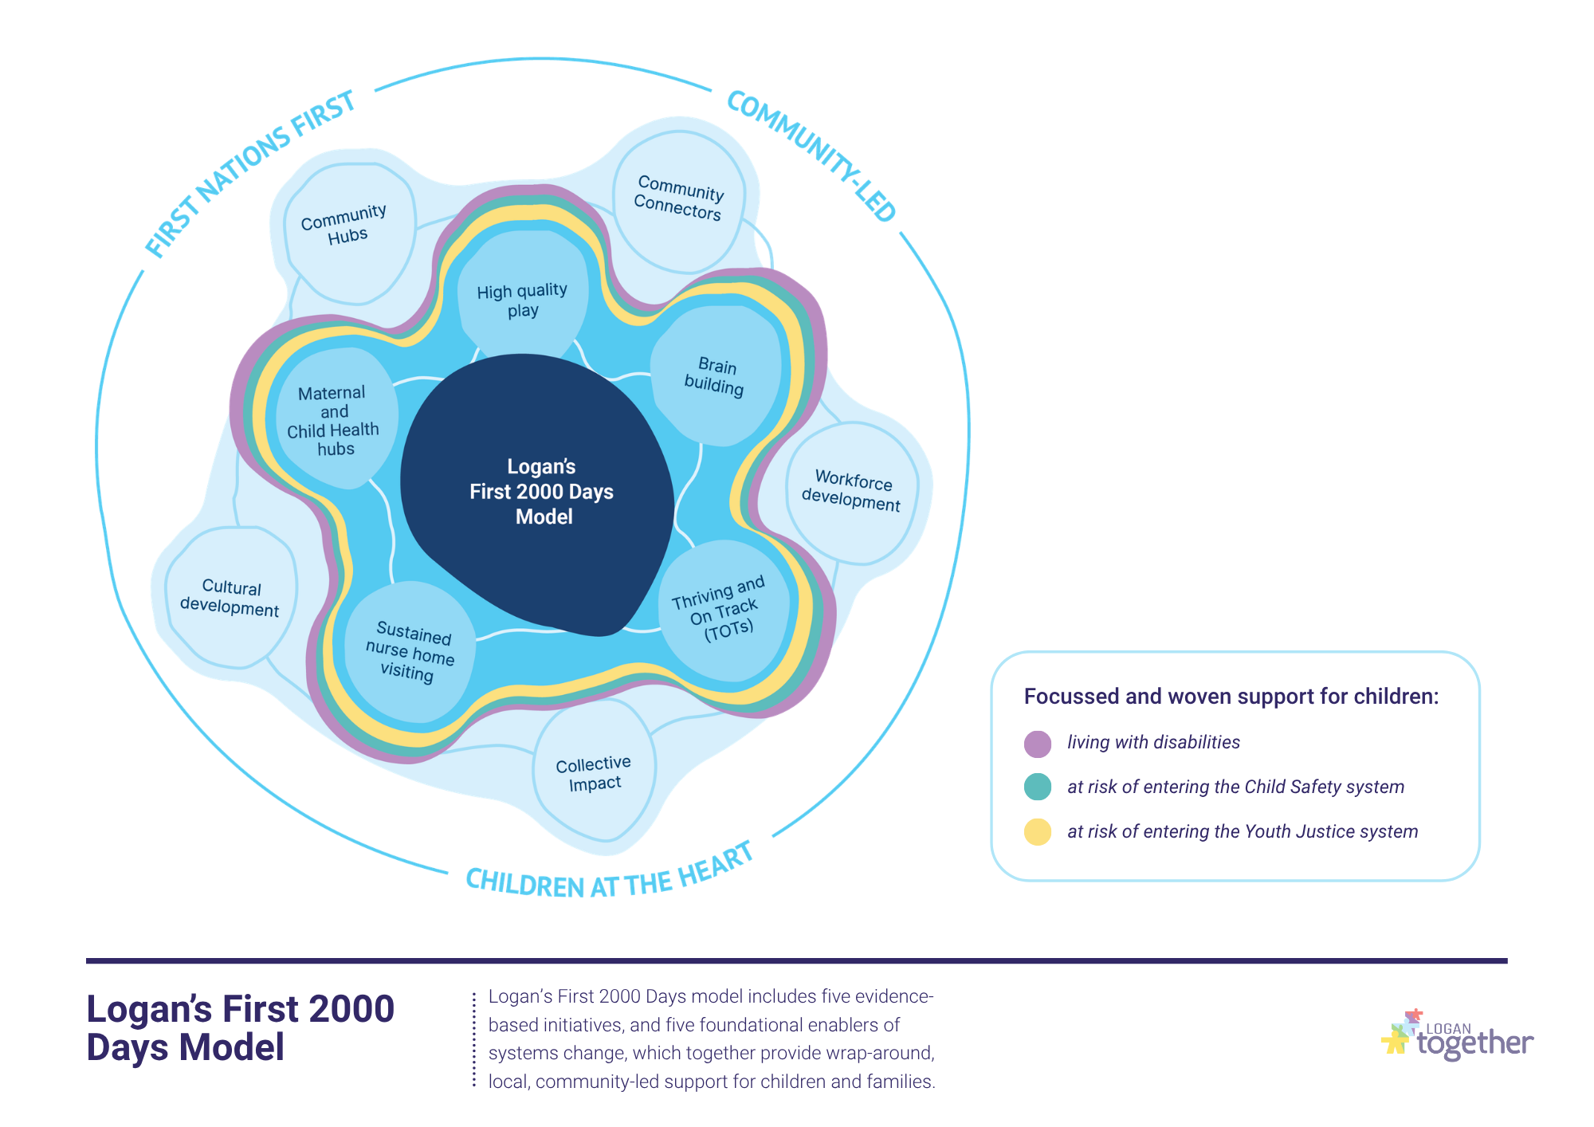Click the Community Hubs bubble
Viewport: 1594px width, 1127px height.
point(350,234)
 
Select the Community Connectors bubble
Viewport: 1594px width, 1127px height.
point(679,202)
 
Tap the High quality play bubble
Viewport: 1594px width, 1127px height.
point(523,296)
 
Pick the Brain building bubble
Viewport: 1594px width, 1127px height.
point(716,375)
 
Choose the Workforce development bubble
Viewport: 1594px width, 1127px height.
point(852,493)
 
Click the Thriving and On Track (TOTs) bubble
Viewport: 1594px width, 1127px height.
point(724,611)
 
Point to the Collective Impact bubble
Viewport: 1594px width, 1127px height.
point(595,770)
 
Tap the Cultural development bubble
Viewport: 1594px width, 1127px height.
point(231,597)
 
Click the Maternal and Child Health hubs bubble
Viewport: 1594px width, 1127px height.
point(336,418)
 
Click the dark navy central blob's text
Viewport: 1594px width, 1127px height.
point(542,492)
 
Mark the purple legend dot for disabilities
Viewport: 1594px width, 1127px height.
point(1037,744)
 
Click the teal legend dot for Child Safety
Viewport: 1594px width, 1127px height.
point(1037,787)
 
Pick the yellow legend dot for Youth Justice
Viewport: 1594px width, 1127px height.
point(1037,831)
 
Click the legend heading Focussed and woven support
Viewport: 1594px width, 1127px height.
point(1231,697)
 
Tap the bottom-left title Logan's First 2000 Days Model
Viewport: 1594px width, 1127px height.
point(241,1028)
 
